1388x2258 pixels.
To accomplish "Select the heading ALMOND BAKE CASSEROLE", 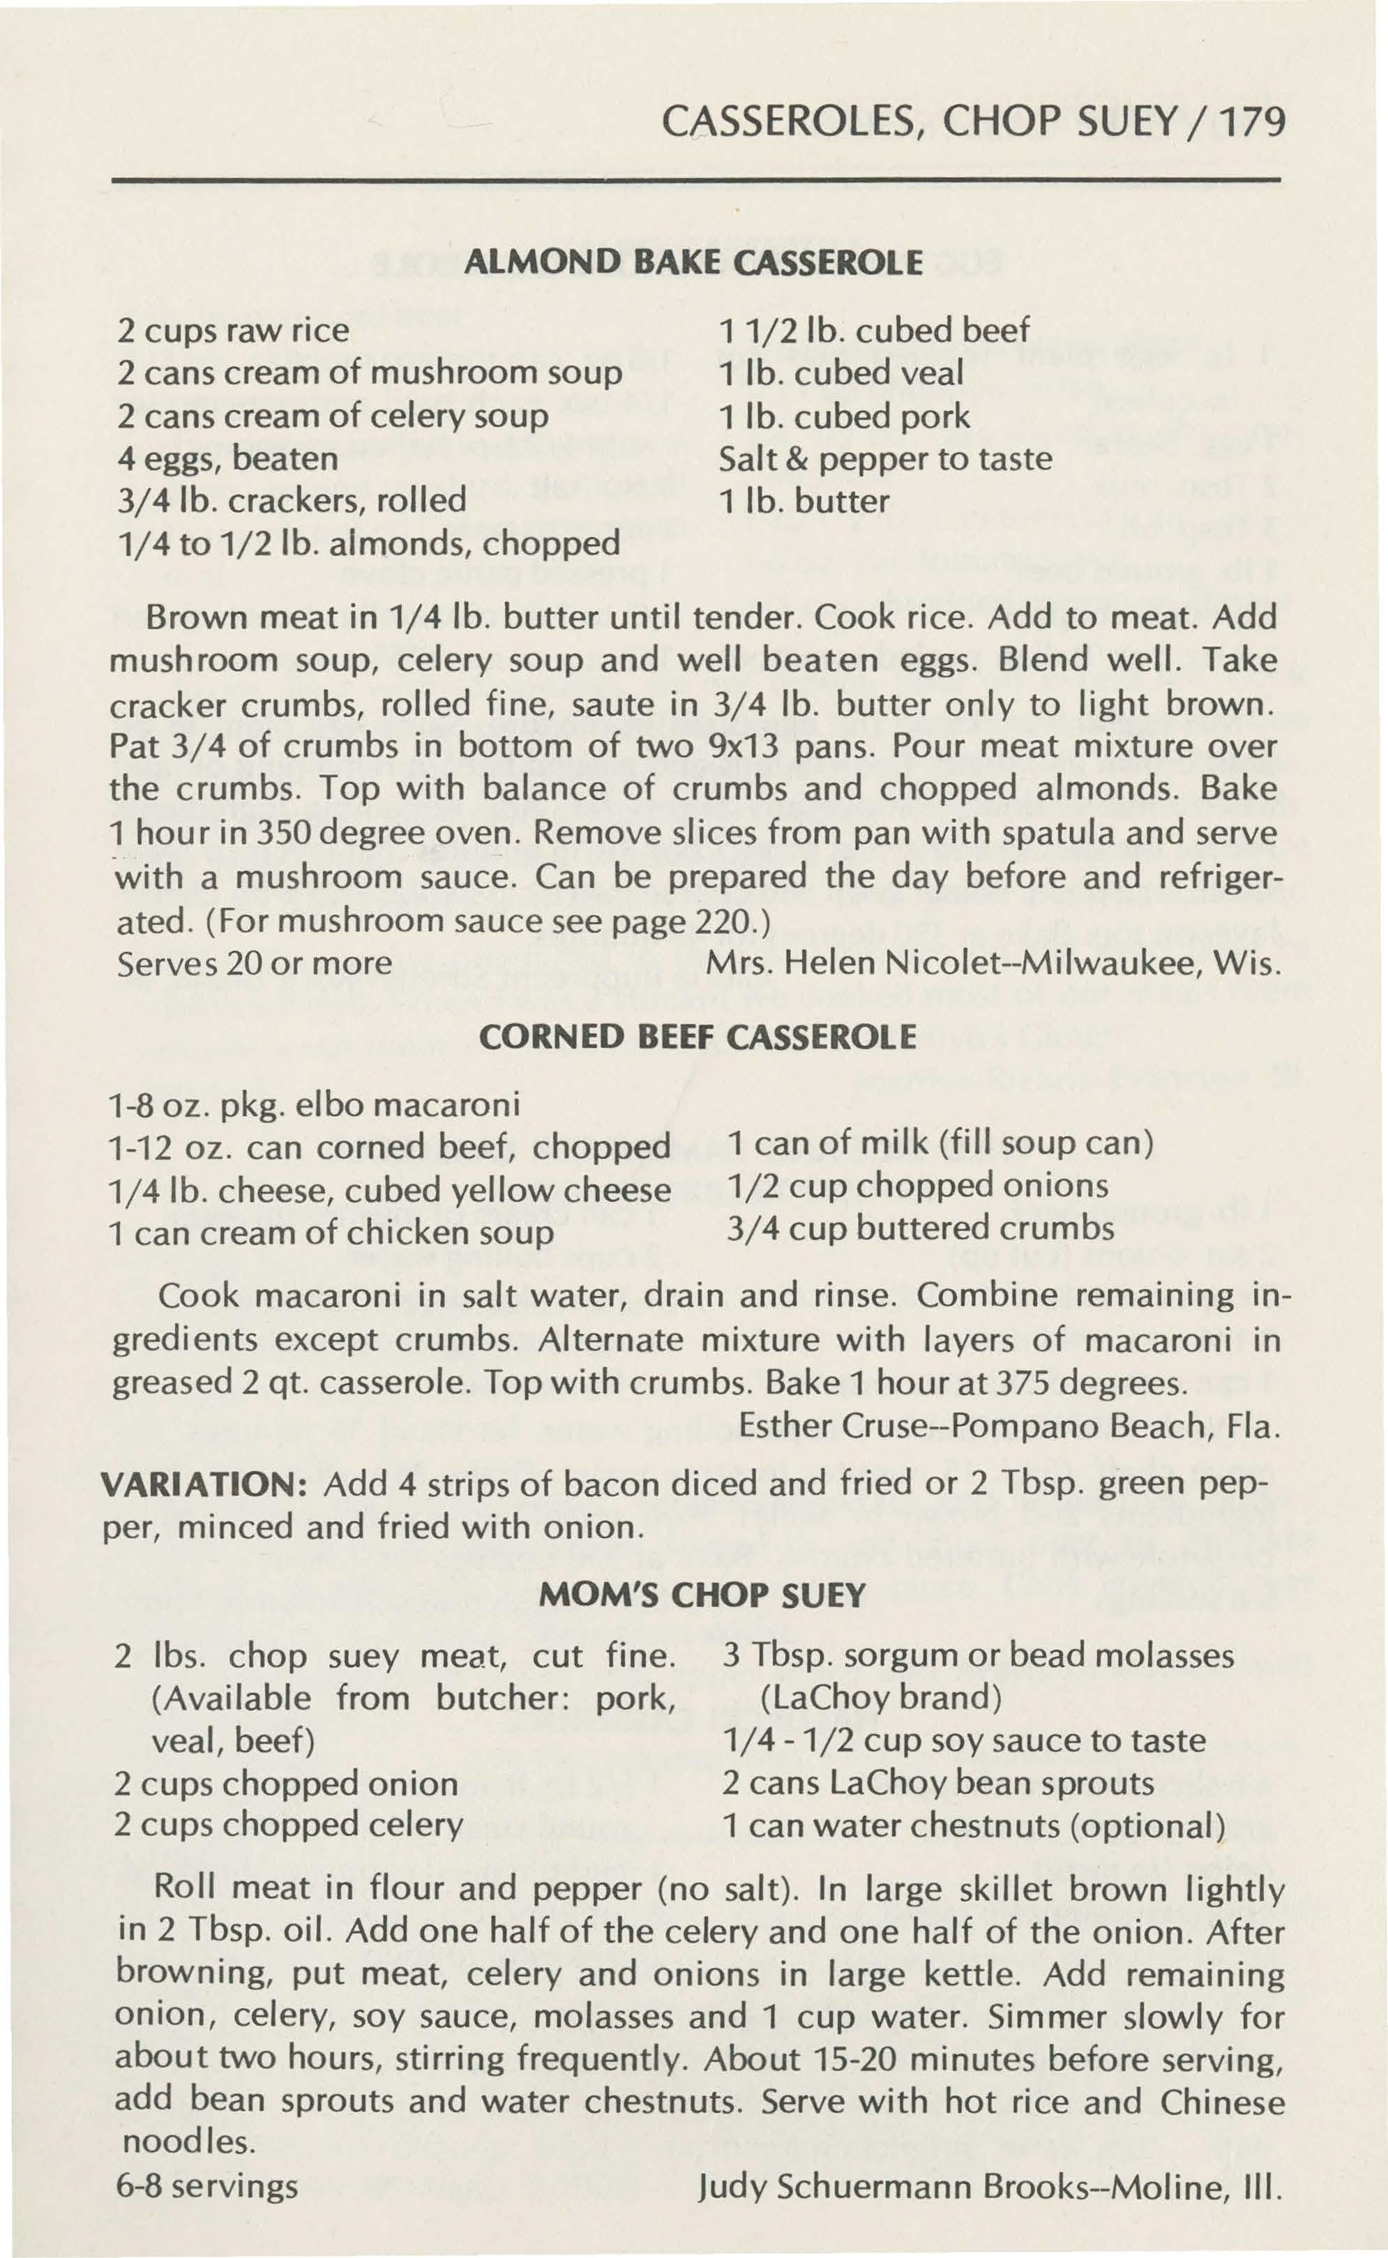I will tap(694, 264).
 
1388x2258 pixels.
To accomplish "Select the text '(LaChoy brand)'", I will tap(880, 1696).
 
